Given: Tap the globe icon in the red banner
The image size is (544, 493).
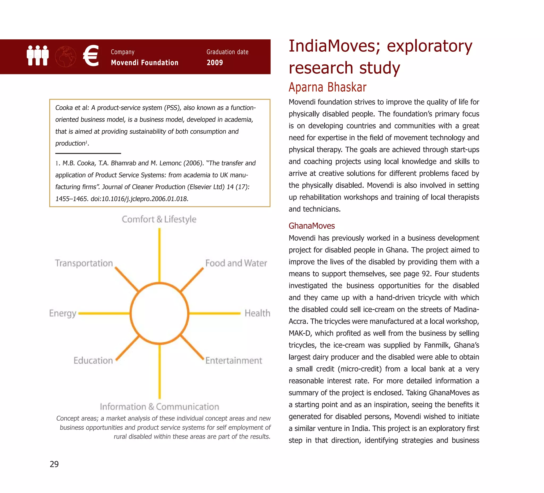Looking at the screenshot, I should [66, 56].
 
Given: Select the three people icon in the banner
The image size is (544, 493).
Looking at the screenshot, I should [38, 55].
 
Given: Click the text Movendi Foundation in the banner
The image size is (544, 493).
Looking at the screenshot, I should [145, 63].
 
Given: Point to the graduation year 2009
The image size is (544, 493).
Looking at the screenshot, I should [215, 63].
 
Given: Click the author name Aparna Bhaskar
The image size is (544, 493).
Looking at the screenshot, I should [327, 87].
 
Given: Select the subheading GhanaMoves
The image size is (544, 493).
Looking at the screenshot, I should [312, 226].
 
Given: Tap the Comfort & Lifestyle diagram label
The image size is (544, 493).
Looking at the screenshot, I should [159, 219].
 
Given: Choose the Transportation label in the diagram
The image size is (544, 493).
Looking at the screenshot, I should [84, 263].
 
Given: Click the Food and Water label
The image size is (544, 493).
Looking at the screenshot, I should [236, 263].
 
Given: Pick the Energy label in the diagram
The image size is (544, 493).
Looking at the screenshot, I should [63, 313].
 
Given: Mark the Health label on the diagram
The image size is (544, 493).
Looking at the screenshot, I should [257, 313].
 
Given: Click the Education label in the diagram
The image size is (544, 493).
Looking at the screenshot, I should [93, 360].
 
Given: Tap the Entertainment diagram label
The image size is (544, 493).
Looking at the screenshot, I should [233, 360].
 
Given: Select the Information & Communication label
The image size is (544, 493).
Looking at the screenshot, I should [159, 407].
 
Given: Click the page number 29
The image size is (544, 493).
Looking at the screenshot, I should [54, 464].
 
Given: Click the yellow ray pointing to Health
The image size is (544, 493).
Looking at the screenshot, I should [215, 313].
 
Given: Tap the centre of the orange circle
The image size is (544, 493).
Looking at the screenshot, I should [159, 313].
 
